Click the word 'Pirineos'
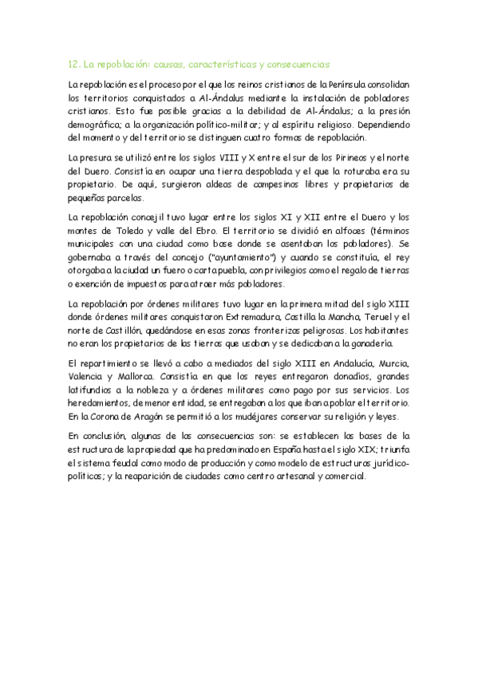(351, 157)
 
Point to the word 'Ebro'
(196, 231)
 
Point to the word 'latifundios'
(91, 390)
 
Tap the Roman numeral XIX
(364, 449)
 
